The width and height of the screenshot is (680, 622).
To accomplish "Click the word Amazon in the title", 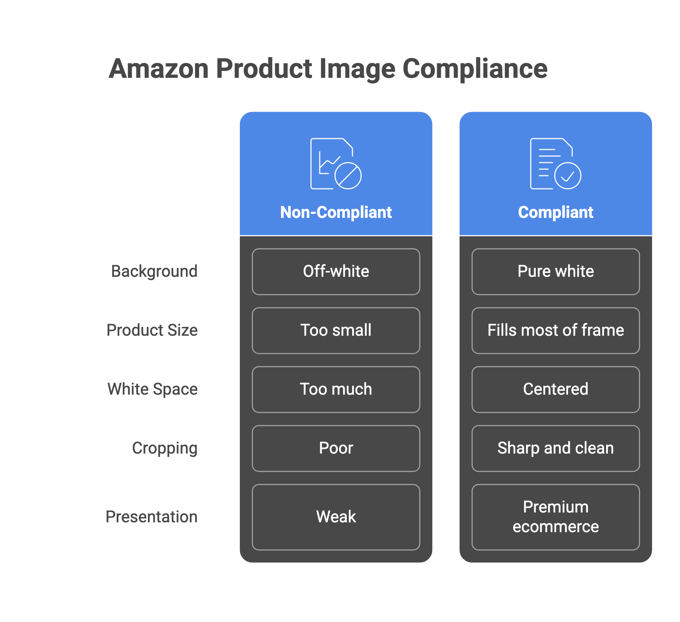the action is pyautogui.click(x=159, y=69).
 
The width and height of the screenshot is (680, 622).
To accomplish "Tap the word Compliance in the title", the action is pyautogui.click(x=475, y=69).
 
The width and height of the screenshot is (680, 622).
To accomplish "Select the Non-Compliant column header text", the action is pyautogui.click(x=336, y=212).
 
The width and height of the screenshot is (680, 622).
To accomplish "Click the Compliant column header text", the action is pyautogui.click(x=555, y=212).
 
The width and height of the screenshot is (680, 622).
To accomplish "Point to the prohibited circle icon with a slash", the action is pyautogui.click(x=348, y=176).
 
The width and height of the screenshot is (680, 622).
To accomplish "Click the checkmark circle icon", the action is pyautogui.click(x=567, y=176).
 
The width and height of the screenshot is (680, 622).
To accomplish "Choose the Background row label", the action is pyautogui.click(x=154, y=271).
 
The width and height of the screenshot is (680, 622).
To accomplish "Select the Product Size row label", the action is pyautogui.click(x=152, y=330).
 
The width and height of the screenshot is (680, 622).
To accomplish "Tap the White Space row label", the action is pyautogui.click(x=153, y=389).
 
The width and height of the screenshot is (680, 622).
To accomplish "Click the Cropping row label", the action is pyautogui.click(x=165, y=448).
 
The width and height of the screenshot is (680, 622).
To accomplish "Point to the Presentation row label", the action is pyautogui.click(x=152, y=517).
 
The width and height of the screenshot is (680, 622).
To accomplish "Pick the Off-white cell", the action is pyautogui.click(x=336, y=272).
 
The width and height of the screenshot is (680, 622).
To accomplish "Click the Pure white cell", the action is pyautogui.click(x=555, y=272).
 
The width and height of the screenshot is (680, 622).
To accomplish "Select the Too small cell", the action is pyautogui.click(x=336, y=331).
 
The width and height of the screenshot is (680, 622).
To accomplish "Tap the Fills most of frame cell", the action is pyautogui.click(x=555, y=331).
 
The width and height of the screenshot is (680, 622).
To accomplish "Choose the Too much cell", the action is pyautogui.click(x=336, y=390).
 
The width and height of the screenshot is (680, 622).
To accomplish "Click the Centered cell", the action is pyautogui.click(x=555, y=390).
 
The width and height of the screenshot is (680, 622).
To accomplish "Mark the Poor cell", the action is pyautogui.click(x=336, y=448).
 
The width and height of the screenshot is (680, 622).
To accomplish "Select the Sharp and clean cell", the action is pyautogui.click(x=555, y=448).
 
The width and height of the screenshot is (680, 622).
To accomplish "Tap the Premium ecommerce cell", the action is pyautogui.click(x=555, y=517).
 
